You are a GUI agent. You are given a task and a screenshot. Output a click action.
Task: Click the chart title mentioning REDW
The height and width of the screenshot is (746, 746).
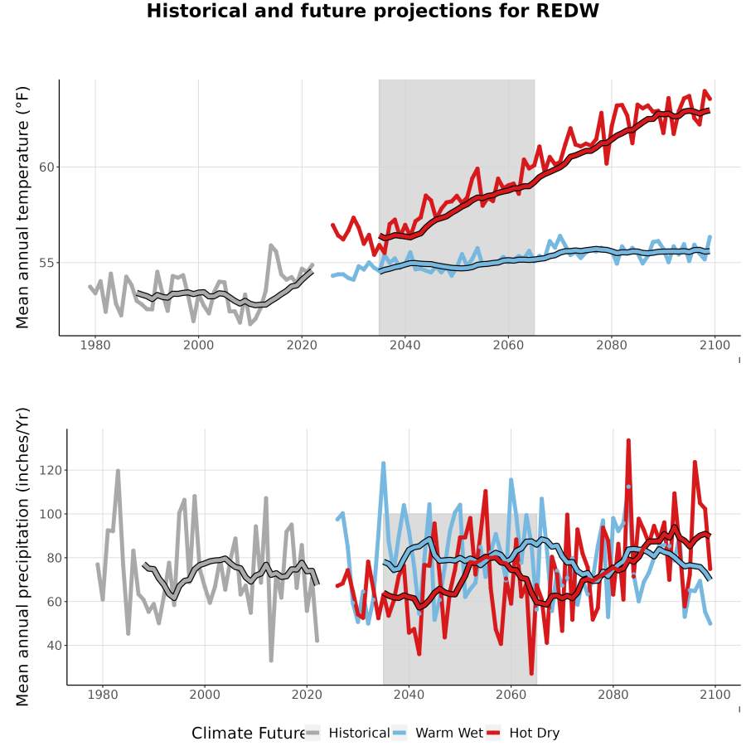click(372, 11)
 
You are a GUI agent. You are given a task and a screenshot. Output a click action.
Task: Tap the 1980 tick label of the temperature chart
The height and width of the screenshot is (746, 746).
click(95, 345)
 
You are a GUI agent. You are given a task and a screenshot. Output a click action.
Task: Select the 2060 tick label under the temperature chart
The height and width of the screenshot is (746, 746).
click(508, 345)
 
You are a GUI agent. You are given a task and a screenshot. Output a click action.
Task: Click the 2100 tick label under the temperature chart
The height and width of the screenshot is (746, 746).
click(715, 345)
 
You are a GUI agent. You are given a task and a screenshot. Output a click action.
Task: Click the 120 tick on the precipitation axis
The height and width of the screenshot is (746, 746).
click(51, 471)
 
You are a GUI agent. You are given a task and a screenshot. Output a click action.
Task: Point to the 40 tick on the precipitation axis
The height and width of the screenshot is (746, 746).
click(54, 646)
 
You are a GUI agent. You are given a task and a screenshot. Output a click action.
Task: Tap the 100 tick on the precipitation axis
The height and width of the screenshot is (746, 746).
click(51, 514)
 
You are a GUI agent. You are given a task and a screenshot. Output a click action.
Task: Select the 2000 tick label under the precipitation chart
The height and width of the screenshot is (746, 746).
click(205, 695)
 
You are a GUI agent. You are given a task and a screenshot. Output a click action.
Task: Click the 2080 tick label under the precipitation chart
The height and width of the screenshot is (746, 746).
click(613, 695)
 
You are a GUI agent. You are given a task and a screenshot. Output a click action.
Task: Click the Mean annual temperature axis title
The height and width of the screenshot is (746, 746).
click(22, 207)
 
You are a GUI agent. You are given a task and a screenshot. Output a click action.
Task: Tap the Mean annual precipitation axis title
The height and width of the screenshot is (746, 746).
click(22, 557)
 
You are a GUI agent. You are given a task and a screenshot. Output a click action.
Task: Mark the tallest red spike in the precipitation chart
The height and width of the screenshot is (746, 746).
click(628, 441)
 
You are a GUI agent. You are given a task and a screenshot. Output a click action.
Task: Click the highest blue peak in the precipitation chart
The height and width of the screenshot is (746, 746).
click(383, 463)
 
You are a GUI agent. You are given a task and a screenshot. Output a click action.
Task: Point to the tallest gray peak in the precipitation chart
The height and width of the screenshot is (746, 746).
click(118, 471)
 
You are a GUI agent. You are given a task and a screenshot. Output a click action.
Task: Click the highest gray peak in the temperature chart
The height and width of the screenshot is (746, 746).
click(271, 245)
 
